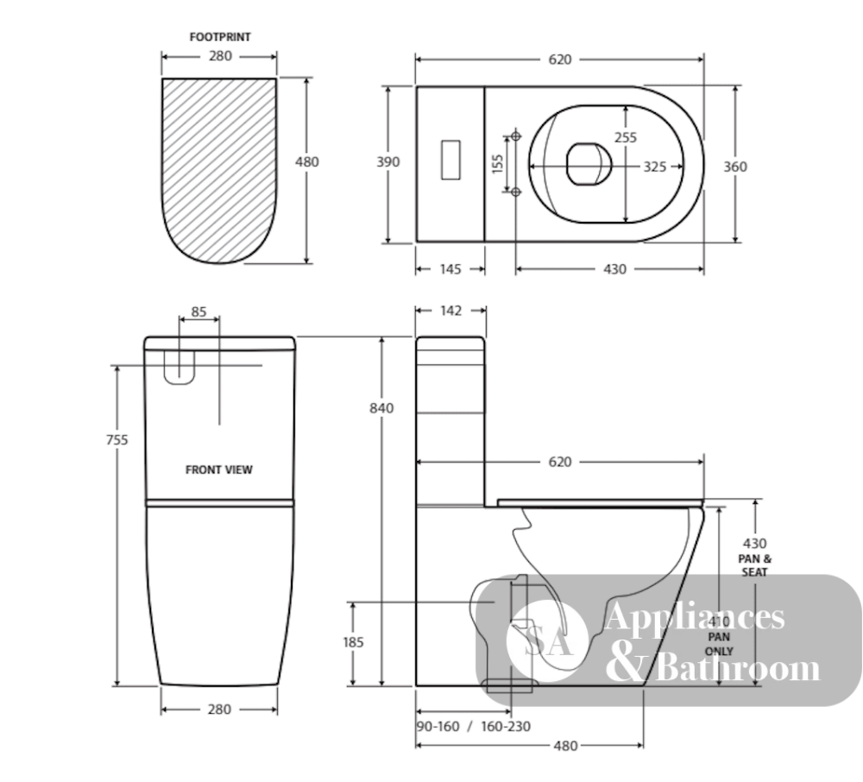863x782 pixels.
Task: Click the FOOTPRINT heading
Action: click(x=220, y=37)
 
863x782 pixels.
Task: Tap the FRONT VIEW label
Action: click(x=219, y=470)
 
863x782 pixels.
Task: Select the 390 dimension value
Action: click(x=388, y=161)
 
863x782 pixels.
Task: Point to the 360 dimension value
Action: click(x=734, y=167)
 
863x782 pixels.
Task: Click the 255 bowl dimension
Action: click(x=626, y=137)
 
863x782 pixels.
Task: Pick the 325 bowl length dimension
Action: click(x=655, y=167)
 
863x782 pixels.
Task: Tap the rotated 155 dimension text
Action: click(x=498, y=164)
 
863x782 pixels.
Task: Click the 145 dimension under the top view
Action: click(x=450, y=269)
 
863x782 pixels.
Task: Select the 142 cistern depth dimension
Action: click(x=450, y=311)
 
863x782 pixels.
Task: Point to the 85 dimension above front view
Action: click(x=198, y=312)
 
